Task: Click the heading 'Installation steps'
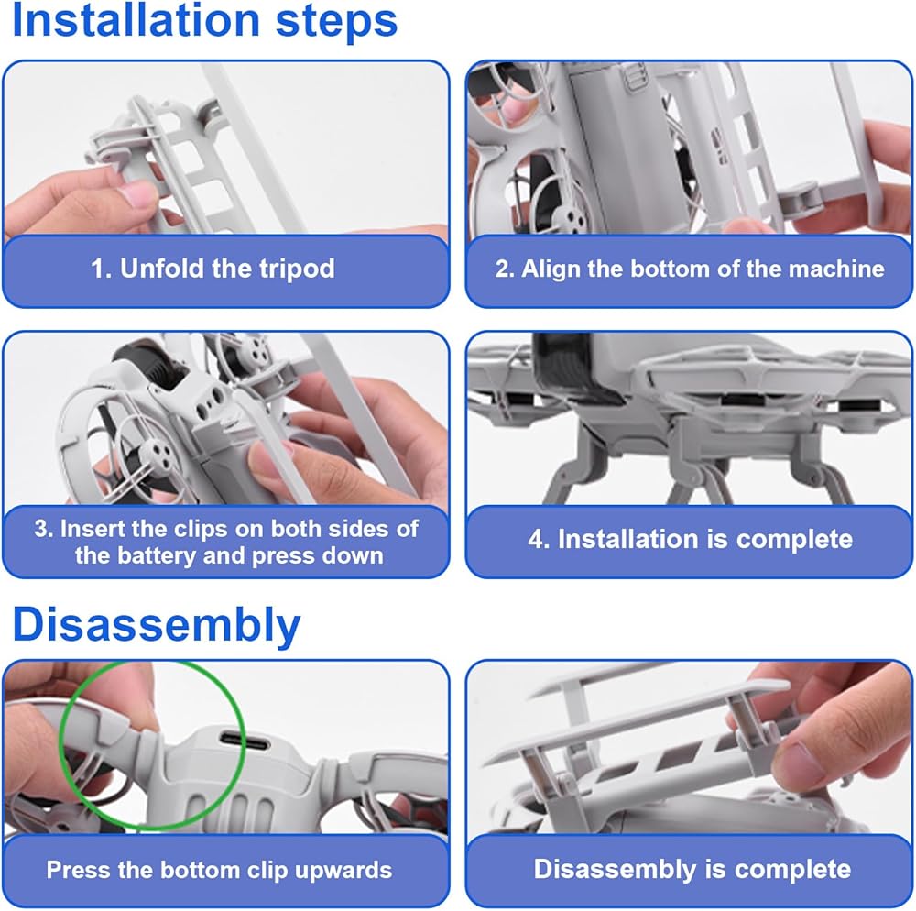(204, 21)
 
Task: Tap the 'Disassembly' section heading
(156, 625)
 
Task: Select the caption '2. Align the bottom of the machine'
(690, 269)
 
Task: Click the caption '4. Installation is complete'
(690, 539)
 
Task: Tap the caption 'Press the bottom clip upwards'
(219, 870)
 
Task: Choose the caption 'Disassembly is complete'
(692, 869)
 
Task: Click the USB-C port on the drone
(245, 743)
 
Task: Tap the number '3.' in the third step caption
(44, 528)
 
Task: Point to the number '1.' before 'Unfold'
(102, 269)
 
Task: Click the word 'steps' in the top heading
(336, 22)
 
